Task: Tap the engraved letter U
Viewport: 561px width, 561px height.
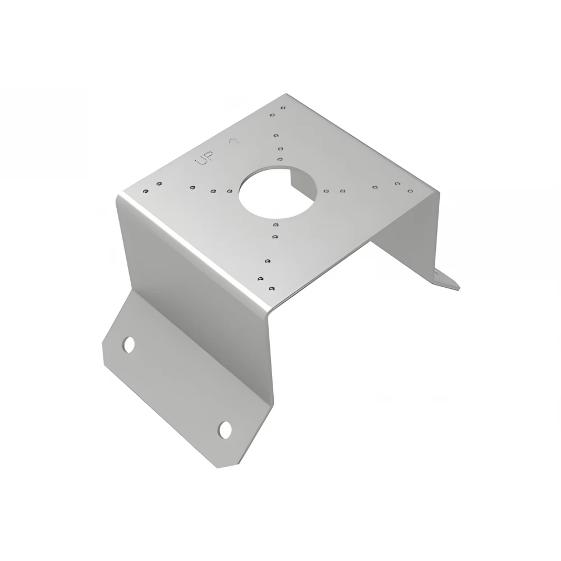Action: point(201,161)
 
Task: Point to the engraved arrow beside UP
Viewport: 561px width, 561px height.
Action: point(234,141)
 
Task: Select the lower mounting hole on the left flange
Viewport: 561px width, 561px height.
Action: point(225,430)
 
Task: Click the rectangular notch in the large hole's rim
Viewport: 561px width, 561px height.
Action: point(296,178)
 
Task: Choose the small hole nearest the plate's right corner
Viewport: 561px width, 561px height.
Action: point(411,191)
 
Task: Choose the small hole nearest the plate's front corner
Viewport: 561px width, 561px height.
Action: point(272,288)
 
